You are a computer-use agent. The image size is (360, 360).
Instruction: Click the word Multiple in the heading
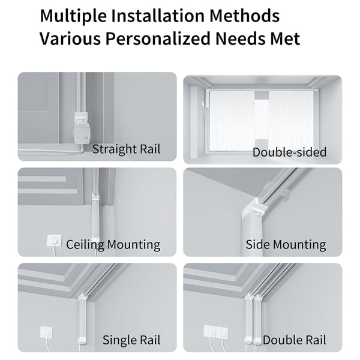click(x=73, y=16)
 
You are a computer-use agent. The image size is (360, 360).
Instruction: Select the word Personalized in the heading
click(x=158, y=38)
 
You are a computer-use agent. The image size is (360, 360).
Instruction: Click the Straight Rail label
click(x=126, y=149)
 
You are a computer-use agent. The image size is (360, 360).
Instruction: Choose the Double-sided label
click(x=289, y=152)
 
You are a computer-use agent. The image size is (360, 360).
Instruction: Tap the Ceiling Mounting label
click(x=113, y=245)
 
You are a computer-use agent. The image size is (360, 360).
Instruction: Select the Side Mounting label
click(x=286, y=245)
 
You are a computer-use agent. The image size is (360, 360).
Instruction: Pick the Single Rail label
click(x=131, y=340)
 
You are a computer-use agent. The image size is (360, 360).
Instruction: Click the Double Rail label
click(x=295, y=340)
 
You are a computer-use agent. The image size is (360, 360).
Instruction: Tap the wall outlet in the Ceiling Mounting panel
click(x=54, y=241)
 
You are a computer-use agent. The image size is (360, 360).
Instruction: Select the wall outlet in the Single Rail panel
click(x=46, y=332)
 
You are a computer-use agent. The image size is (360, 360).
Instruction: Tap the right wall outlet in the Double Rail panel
click(x=222, y=332)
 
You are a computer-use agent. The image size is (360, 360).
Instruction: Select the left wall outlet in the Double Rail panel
click(x=210, y=332)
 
